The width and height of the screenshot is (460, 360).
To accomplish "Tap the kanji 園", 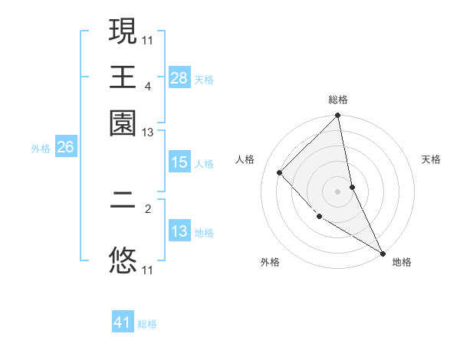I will coord(123,123).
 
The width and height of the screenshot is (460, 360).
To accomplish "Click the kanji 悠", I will coord(123,260).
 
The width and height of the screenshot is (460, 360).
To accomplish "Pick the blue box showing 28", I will coord(179,77).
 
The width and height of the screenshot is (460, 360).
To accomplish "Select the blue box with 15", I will coord(179,162).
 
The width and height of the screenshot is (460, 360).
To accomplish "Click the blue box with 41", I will coord(123,322).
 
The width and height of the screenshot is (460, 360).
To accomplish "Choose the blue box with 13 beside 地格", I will coord(179,231).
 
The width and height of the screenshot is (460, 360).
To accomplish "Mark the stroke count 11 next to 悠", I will coord(148,270).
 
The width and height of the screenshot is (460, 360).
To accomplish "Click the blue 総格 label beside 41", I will coord(147,324).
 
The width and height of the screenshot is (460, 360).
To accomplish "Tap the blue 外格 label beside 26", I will coord(41,149).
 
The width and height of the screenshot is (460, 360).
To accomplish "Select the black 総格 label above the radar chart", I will coord(338,100).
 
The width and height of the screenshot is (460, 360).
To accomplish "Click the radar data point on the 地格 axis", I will coord(383,252).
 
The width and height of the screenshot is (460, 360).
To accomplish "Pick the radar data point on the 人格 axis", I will coord(280,172).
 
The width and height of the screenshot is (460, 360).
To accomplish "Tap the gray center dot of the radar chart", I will coord(338,191).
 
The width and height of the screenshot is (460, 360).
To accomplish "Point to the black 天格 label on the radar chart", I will coord(432,160).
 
